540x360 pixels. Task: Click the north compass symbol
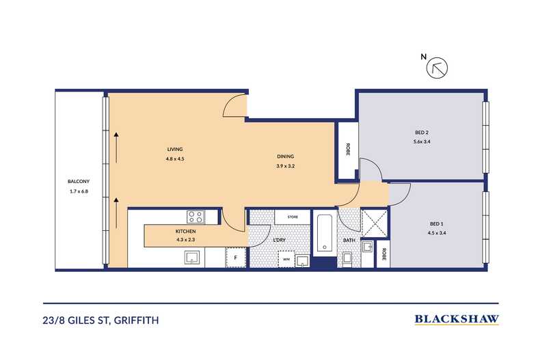pyautogui.click(x=435, y=68)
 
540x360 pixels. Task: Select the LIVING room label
pyautogui.click(x=176, y=149)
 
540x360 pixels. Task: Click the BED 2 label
pyautogui.click(x=422, y=133)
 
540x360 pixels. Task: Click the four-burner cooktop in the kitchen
pyautogui.click(x=195, y=217)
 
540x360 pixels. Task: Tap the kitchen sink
pyautogui.click(x=192, y=257)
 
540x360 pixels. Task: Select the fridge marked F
pyautogui.click(x=236, y=258)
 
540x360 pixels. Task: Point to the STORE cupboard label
pyautogui.click(x=293, y=217)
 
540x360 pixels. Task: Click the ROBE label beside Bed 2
pyautogui.click(x=347, y=151)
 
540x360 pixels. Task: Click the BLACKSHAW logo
pyautogui.click(x=456, y=318)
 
